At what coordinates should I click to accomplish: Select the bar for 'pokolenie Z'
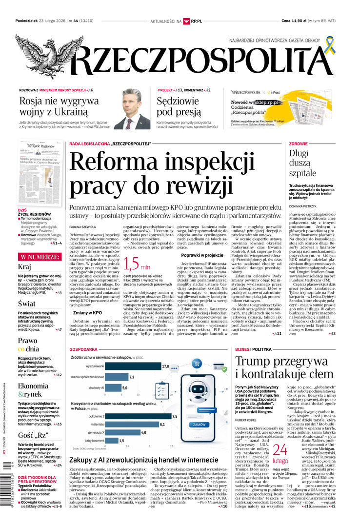click(137, 416)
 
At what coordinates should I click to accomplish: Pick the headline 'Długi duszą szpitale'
click(302, 163)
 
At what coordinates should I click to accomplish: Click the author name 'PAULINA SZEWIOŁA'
click(83, 227)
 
